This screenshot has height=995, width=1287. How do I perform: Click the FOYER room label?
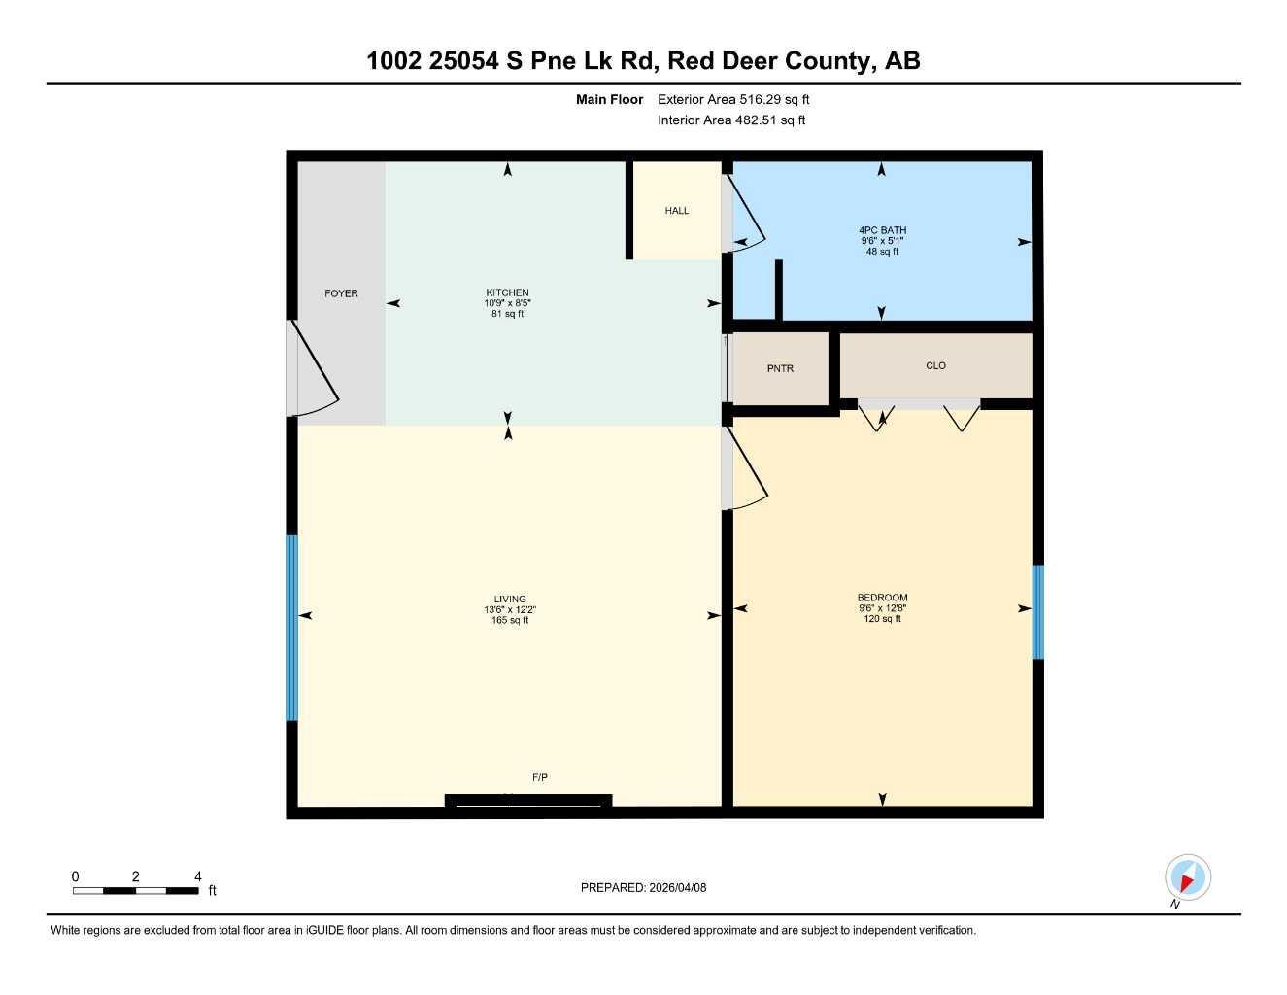[341, 293]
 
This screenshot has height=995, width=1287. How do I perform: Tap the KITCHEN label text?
[507, 292]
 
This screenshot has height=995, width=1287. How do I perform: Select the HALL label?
[677, 211]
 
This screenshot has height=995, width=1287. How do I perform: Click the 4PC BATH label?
[882, 230]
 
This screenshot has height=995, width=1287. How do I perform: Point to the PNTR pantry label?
[780, 369]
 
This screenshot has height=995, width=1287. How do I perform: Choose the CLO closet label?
[935, 366]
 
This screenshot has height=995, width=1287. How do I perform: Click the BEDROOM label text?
[882, 598]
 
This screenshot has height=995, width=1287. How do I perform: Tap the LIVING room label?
[510, 600]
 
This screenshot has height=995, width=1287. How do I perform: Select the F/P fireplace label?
[540, 777]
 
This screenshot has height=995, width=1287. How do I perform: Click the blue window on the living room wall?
[291, 628]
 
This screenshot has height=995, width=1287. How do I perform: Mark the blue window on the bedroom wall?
[1037, 612]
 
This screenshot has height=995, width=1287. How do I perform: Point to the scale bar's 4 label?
[198, 876]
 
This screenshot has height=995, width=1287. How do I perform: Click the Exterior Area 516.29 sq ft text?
[733, 99]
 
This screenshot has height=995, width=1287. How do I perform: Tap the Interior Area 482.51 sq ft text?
[731, 120]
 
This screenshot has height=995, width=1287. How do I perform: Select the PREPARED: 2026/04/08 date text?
[643, 887]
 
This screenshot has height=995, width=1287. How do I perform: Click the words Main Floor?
[609, 99]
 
